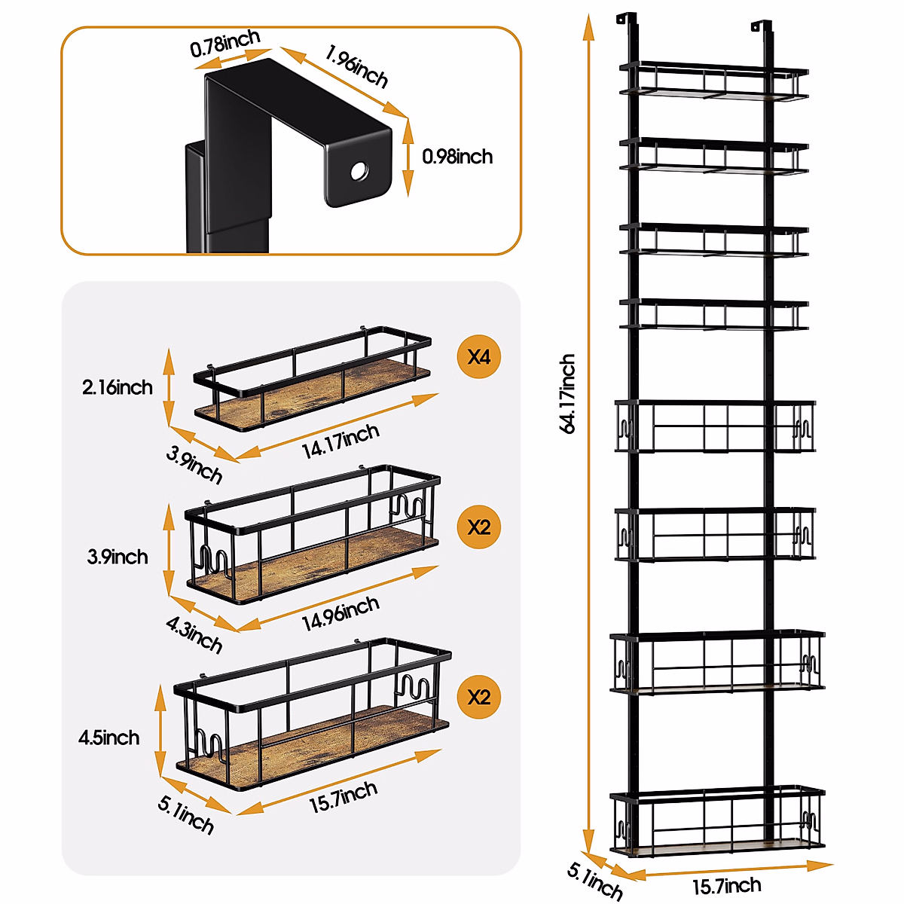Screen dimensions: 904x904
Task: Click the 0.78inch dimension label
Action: click(225, 44)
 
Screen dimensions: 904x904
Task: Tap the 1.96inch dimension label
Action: click(357, 66)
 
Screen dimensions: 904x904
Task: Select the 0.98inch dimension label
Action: click(457, 157)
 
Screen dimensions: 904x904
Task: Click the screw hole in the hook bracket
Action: click(359, 171)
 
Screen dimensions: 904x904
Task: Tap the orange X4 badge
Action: click(479, 356)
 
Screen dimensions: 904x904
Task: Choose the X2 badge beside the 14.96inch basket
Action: click(479, 527)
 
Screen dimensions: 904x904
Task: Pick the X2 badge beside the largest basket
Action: click(479, 697)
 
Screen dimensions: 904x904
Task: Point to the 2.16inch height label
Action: click(118, 387)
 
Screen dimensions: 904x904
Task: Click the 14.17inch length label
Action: click(341, 441)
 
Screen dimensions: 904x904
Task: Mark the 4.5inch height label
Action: click(109, 738)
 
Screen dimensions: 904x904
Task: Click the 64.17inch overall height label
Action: click(568, 393)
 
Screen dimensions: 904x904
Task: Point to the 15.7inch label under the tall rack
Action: click(726, 886)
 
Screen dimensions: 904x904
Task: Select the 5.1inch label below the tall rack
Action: click(595, 883)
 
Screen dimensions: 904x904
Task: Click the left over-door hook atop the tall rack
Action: click(625, 21)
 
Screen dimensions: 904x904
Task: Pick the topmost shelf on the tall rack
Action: click(714, 81)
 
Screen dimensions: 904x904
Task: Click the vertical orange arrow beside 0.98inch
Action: click(408, 157)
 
